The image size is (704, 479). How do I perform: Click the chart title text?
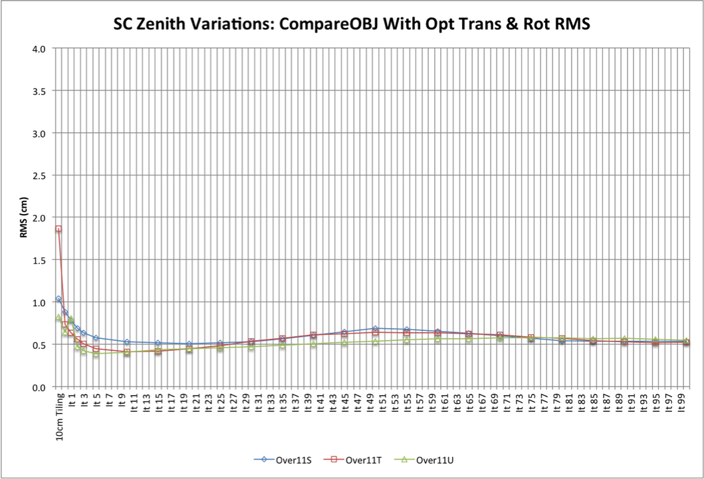tap(352, 24)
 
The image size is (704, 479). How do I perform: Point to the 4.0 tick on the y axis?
tap(37, 48)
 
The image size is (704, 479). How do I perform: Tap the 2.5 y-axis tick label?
tap(37, 175)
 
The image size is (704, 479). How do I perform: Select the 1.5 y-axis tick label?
tap(37, 260)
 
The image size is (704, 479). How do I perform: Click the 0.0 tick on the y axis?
tap(37, 387)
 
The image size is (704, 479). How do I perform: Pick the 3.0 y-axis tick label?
tap(37, 133)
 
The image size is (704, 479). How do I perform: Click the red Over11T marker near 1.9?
tap(59, 229)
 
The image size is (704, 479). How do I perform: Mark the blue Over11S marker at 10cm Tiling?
tap(59, 299)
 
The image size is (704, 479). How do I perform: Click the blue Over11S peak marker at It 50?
tap(376, 328)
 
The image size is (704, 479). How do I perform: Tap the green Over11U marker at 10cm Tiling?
tap(59, 318)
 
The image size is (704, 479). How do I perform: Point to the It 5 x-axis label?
tap(96, 401)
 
